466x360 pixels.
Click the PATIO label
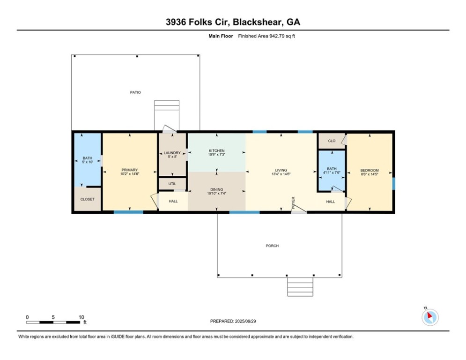point(135,92)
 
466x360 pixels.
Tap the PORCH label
point(272,246)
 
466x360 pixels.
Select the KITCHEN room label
point(217,151)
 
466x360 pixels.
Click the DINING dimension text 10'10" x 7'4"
point(217,194)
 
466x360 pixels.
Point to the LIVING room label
point(281,170)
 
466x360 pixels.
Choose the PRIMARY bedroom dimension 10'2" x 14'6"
point(130,174)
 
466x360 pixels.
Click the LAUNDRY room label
point(172,153)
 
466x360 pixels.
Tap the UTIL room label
point(172,184)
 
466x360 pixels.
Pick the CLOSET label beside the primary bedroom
point(88,199)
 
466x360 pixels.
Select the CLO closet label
point(332,141)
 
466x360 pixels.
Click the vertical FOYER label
point(293,202)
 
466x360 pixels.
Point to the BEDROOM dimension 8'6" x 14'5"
point(370,174)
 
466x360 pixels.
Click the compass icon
point(430,317)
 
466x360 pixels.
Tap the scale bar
point(53,322)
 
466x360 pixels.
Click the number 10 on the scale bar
point(81,317)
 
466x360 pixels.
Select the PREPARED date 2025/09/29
point(245,321)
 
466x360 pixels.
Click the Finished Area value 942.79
point(277,36)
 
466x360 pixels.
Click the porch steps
point(300,287)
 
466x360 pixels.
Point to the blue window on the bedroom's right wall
point(394,184)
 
